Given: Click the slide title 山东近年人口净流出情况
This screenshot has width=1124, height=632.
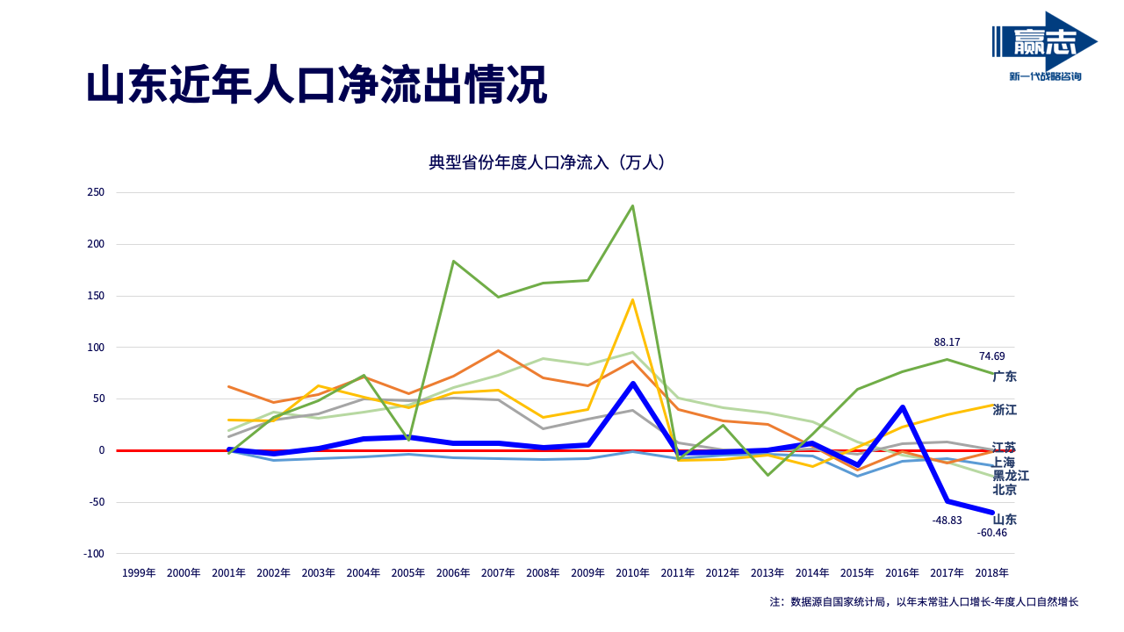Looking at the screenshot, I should [316, 86].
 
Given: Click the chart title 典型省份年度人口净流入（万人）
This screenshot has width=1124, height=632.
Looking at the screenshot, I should [546, 162].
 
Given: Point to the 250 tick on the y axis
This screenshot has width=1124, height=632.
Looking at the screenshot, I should [96, 192].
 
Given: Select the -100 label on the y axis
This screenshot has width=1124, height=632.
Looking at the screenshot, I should [94, 554].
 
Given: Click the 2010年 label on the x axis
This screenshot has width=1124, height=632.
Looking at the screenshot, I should [633, 573].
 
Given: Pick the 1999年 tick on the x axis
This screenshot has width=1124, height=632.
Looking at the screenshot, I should [139, 573].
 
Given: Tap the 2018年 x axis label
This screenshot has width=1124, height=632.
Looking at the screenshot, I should [992, 573].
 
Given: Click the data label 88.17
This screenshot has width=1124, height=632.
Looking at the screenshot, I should [947, 342].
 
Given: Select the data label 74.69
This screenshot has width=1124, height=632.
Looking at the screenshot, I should [992, 356].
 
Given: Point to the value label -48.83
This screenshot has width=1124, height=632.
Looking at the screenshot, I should [947, 521].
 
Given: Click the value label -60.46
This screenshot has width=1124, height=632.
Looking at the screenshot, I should [992, 533].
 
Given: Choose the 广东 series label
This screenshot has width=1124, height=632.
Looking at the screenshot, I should [1005, 377].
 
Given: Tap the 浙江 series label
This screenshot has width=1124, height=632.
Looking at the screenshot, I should [1005, 410].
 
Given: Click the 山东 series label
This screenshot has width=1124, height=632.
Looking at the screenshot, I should [1005, 520].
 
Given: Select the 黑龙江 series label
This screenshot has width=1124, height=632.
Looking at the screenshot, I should [1011, 476].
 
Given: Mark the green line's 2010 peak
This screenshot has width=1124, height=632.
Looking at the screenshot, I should [633, 206].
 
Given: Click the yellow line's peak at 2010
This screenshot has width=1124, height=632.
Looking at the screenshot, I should [633, 300].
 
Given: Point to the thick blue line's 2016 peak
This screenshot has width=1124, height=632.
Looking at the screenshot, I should [903, 407].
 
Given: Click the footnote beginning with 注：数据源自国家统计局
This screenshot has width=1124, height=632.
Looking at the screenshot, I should [924, 602].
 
